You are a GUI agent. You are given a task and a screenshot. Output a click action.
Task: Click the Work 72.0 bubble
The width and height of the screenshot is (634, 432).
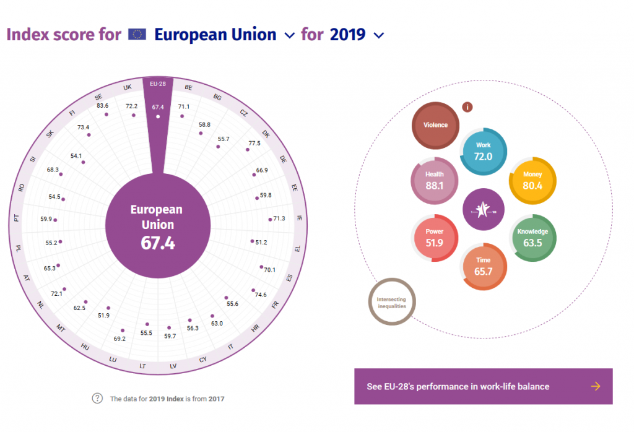coord(484,151)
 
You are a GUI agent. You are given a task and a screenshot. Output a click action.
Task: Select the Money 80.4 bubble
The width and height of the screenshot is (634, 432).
coord(532,180)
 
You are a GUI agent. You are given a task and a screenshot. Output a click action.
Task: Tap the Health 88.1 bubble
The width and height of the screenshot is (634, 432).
coord(434,180)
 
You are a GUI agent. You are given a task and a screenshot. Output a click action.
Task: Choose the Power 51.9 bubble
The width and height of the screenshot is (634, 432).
coord(435,238)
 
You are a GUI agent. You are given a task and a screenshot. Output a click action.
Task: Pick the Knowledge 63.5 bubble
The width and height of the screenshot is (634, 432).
coord(532,238)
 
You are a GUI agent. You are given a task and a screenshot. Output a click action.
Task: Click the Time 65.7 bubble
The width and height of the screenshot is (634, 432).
coord(484,266)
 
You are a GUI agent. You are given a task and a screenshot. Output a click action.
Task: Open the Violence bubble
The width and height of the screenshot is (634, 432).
coord(435,125)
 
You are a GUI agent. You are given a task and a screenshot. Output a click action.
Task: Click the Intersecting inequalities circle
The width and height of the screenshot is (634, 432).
coord(391,302)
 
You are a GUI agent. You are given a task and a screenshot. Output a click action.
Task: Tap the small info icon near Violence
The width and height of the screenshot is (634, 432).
coord(468,107)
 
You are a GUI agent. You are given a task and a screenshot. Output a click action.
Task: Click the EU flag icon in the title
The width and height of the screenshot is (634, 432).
coord(137,34)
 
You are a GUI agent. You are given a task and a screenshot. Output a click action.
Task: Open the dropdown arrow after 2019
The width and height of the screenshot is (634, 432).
coord(379,36)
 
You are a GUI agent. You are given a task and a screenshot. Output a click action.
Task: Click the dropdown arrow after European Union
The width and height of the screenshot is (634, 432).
coord(289,36)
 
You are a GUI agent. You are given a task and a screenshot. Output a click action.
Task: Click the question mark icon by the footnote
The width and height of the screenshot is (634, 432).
coord(97,398)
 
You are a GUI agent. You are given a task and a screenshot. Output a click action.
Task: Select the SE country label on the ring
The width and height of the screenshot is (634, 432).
coord(98,97)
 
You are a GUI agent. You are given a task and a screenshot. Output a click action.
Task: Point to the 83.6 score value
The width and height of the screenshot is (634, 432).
coord(103,106)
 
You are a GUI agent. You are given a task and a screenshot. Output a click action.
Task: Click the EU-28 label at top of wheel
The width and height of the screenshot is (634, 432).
coord(158,84)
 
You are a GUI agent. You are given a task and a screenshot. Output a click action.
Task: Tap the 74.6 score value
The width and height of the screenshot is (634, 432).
coord(261,295)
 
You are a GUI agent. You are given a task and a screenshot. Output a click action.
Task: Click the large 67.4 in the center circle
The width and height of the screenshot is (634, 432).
coord(158,243)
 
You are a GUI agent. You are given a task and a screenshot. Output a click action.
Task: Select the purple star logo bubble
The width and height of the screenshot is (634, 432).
coord(484,209)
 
